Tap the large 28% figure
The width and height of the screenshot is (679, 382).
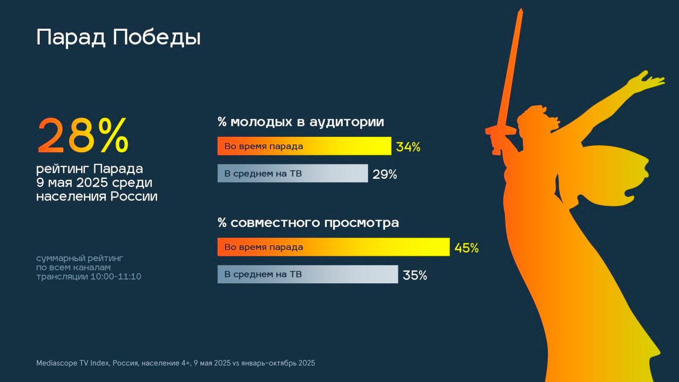click(83, 135)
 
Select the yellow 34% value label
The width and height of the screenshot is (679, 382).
click(408, 147)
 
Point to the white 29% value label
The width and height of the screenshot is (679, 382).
click(385, 175)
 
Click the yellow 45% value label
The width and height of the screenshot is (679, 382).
click(466, 248)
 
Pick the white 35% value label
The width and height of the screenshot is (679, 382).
click(415, 275)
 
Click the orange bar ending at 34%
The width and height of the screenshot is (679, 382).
click(304, 146)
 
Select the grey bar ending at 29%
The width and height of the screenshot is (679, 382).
click(293, 173)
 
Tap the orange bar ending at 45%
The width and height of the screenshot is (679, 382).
click(334, 247)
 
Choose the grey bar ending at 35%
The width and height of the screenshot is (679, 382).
click(308, 274)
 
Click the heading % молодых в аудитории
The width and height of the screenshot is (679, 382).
click(301, 122)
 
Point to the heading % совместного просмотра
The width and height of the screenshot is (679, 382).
click(308, 223)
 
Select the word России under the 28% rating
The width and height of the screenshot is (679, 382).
click(134, 196)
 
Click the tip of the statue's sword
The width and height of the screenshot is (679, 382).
click(521, 9)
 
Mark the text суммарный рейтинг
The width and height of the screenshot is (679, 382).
click(80, 258)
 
